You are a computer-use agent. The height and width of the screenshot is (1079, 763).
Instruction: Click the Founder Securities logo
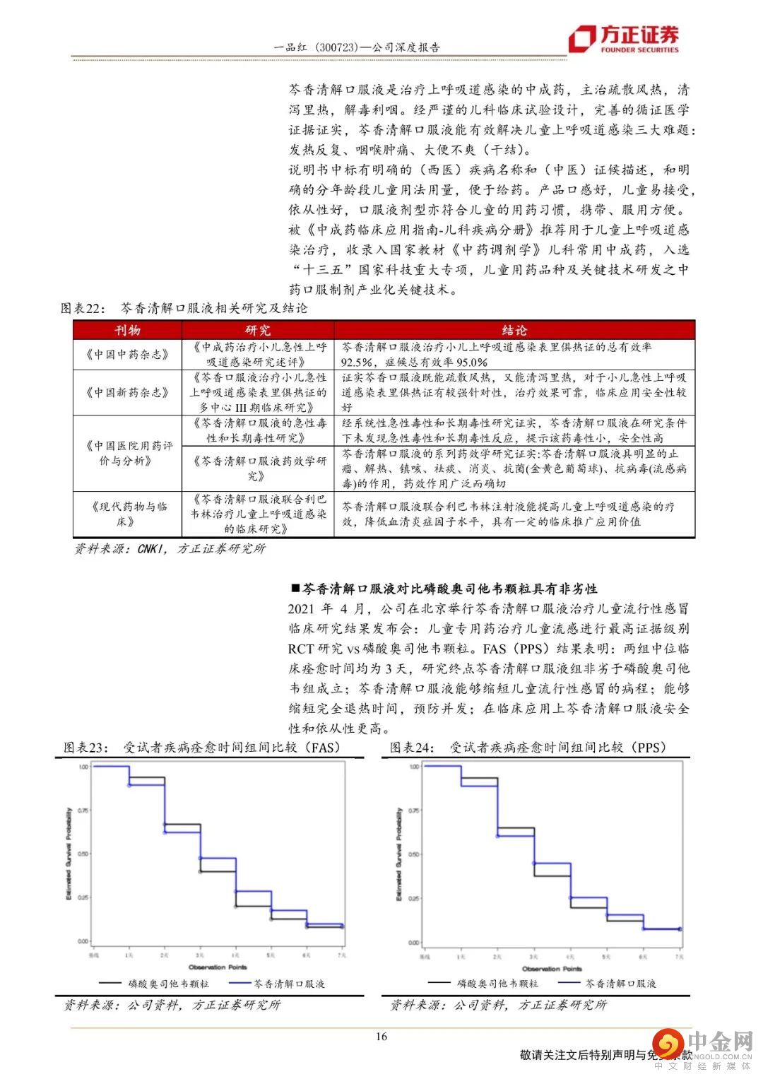pyautogui.click(x=625, y=38)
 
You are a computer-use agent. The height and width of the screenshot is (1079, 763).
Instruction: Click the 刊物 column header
pyautogui.click(x=127, y=331)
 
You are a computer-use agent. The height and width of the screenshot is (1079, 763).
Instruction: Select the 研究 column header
pyautogui.click(x=258, y=331)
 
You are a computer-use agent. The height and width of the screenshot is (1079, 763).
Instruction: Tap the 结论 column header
pyautogui.click(x=514, y=331)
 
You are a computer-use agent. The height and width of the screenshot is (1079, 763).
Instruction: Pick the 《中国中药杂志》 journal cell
pyautogui.click(x=127, y=355)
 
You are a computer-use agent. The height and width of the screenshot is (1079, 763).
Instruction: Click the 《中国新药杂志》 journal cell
pyautogui.click(x=127, y=392)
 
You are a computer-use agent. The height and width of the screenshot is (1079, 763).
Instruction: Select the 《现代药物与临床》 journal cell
pyautogui.click(x=127, y=514)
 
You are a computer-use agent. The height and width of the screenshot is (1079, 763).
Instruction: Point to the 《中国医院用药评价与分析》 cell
pyautogui.click(x=127, y=453)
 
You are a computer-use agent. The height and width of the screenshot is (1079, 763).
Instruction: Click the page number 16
pyautogui.click(x=381, y=1037)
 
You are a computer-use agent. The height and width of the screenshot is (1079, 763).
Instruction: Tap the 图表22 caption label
pyautogui.click(x=83, y=308)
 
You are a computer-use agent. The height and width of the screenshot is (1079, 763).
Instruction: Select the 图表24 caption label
pyautogui.click(x=413, y=747)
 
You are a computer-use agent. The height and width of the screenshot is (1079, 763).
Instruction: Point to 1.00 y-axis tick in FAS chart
pyautogui.click(x=83, y=766)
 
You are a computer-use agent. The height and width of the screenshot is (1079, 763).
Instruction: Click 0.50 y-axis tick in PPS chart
pyautogui.click(x=415, y=854)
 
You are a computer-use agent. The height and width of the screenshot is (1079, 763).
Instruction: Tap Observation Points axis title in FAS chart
pyautogui.click(x=217, y=967)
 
